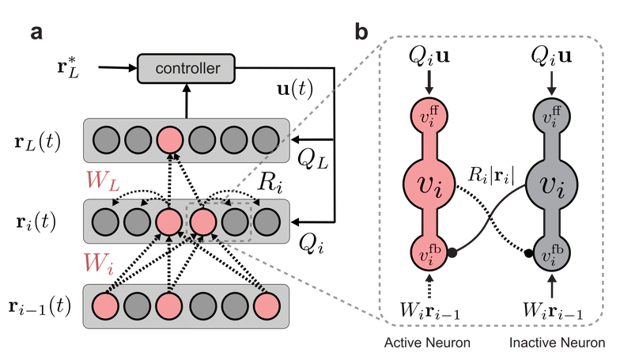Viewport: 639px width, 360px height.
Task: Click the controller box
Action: (x=186, y=69)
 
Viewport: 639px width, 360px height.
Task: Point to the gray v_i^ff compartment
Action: (x=546, y=116)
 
